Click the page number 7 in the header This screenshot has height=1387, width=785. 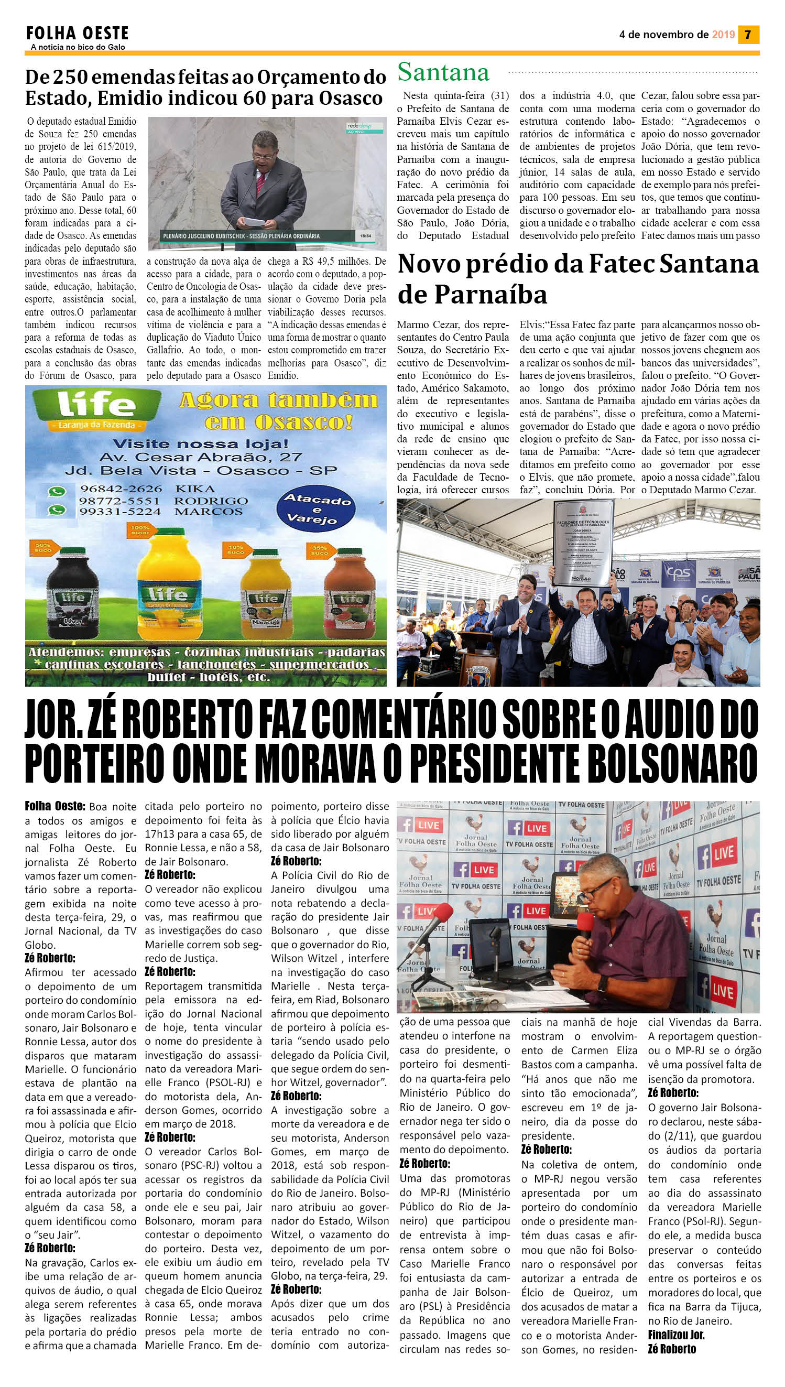pos(748,35)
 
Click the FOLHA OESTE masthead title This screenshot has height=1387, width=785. pos(77,33)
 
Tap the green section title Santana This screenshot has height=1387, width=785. pos(443,72)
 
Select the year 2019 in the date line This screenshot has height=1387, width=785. pos(723,35)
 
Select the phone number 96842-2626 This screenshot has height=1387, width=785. pos(120,489)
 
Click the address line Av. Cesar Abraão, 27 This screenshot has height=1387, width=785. pos(201,457)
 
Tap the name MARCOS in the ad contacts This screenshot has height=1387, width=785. pos(208,512)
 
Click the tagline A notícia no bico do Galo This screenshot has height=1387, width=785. pos(78,47)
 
